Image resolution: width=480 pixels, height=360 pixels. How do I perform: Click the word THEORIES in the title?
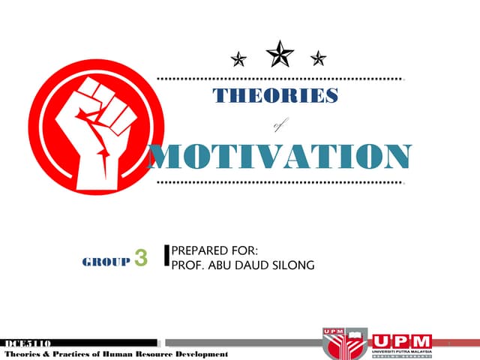[x=275, y=96]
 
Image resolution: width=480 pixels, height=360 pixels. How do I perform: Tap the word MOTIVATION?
[x=279, y=155]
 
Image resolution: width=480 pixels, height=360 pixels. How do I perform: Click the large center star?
[x=280, y=53]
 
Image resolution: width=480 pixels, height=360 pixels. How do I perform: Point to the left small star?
[x=238, y=58]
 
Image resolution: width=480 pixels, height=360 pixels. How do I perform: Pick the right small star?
[x=319, y=58]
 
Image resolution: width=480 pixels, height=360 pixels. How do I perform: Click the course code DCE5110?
[x=25, y=343]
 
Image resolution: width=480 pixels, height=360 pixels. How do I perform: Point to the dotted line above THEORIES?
[x=279, y=78]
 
